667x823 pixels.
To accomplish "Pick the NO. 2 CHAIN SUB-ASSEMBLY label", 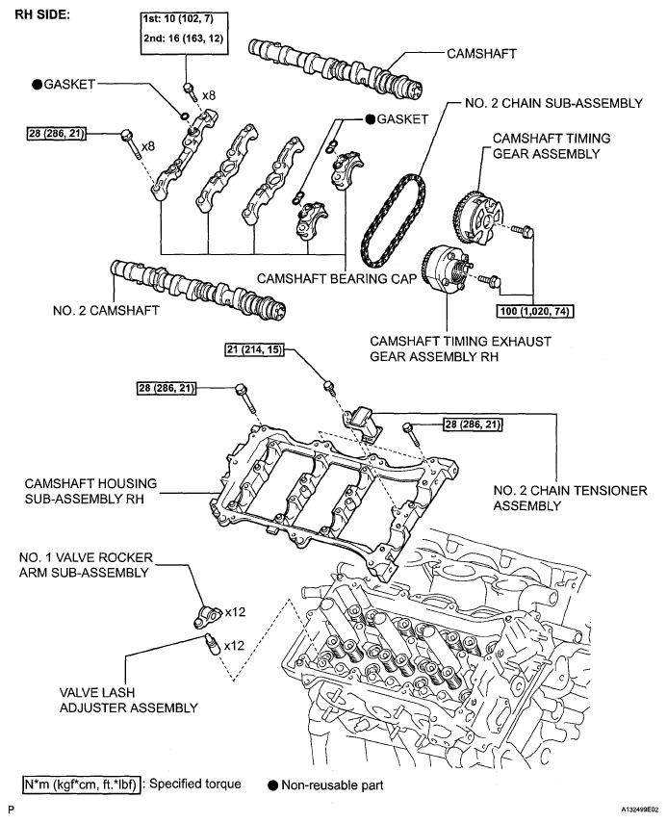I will pyautogui.click(x=542, y=104).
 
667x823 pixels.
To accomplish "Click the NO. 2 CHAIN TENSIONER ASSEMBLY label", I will pyautogui.click(x=569, y=498).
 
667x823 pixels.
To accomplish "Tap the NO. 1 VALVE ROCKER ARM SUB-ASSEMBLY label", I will pyautogui.click(x=85, y=566).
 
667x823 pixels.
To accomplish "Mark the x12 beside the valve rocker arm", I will pyautogui.click(x=237, y=611).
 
